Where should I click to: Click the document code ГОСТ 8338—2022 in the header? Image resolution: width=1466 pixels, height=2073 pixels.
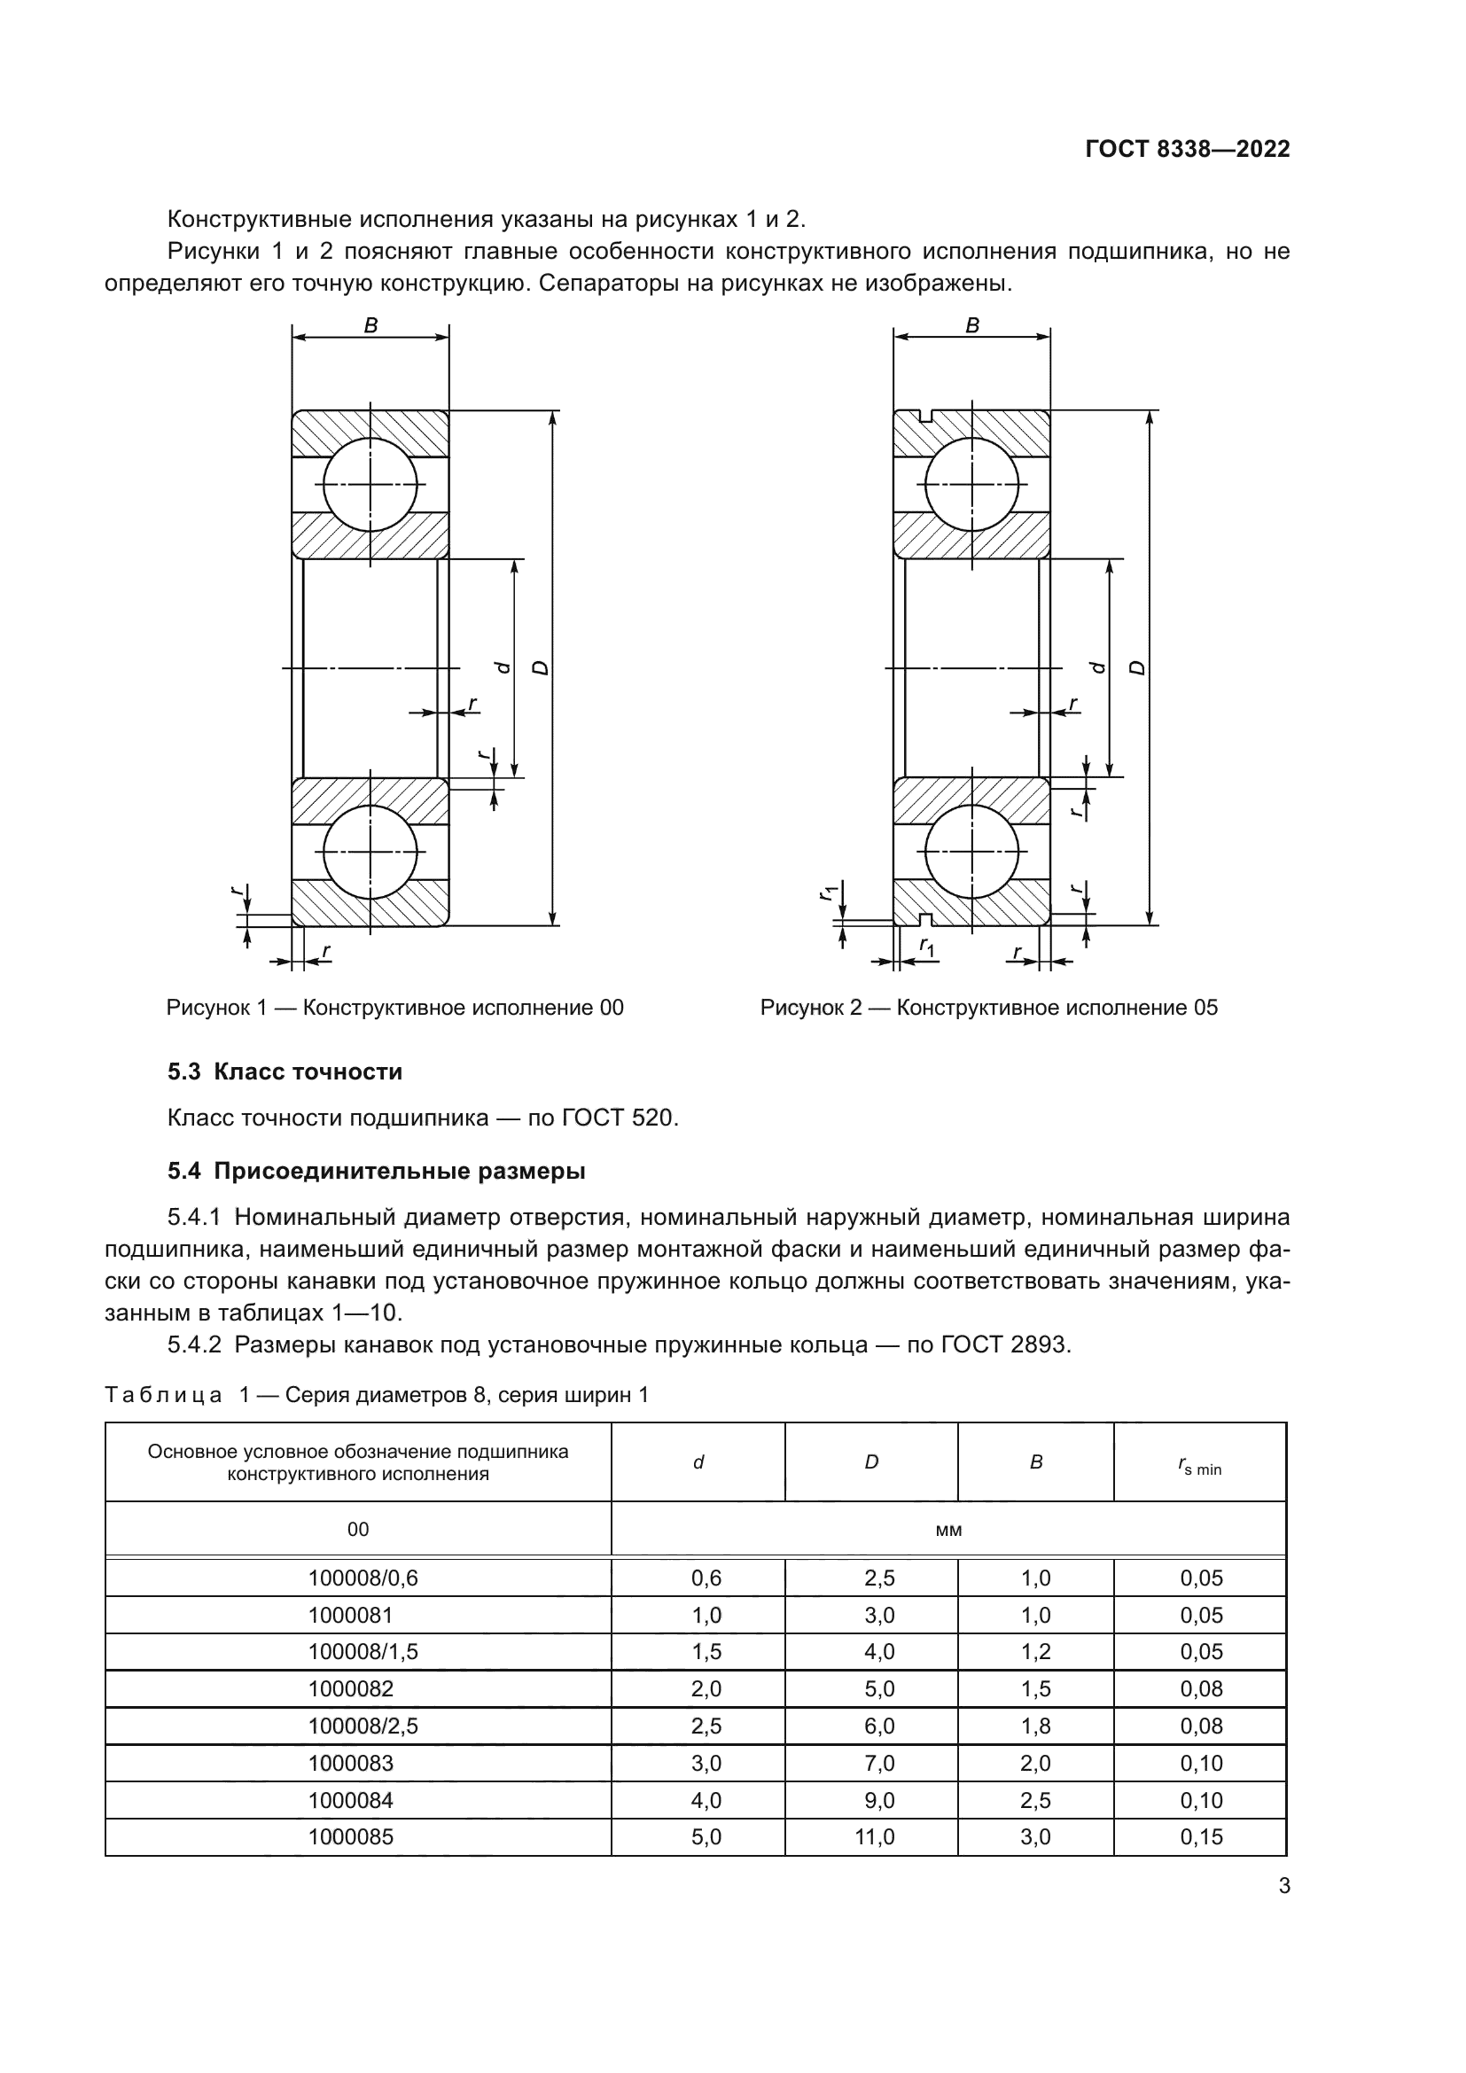click(1187, 149)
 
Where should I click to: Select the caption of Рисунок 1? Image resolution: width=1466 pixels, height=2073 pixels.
click(394, 1008)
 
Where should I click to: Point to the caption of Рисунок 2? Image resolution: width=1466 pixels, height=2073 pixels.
click(988, 1008)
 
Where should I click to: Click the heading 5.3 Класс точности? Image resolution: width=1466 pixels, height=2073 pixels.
click(285, 1072)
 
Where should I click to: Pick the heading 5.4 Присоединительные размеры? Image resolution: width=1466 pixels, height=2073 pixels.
click(377, 1171)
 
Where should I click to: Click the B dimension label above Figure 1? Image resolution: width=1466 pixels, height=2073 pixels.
click(370, 326)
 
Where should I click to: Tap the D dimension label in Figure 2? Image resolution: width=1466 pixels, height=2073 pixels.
click(1138, 668)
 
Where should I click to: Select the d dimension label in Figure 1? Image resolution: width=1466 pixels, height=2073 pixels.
click(503, 668)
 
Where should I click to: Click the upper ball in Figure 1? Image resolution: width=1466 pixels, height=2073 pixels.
click(370, 484)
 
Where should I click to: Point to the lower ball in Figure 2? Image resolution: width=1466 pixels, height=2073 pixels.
click(971, 853)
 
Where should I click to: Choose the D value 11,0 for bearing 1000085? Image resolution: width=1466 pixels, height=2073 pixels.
click(874, 1836)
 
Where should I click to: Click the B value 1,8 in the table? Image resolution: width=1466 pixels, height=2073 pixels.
click(1035, 1726)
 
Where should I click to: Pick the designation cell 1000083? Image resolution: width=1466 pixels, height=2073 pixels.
click(350, 1763)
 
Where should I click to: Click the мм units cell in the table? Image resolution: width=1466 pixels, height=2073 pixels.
click(948, 1530)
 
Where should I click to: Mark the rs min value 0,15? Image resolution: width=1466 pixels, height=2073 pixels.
click(1201, 1836)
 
